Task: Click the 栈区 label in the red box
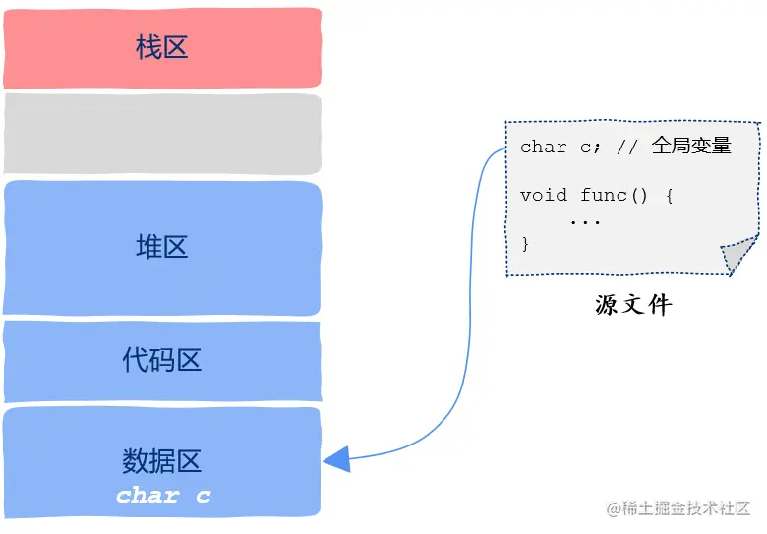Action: point(162,47)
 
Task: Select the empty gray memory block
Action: point(162,134)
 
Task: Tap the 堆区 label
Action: point(162,247)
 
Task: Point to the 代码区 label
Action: point(162,360)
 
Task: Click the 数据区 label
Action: point(162,459)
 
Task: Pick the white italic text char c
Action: point(163,495)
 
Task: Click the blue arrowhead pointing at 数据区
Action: point(337,459)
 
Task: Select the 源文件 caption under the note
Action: point(633,305)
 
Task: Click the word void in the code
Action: point(544,195)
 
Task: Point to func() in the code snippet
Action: point(614,195)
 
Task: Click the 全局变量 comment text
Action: point(691,147)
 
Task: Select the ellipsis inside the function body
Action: point(585,220)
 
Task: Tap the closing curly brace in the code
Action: point(525,243)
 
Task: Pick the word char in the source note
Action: point(544,148)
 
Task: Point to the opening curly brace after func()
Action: point(669,195)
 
